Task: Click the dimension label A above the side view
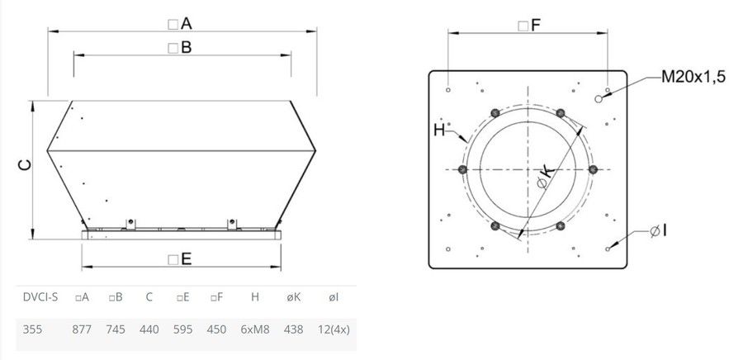(180, 24)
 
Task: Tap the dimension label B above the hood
(180, 47)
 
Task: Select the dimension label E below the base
(180, 258)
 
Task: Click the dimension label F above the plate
(529, 26)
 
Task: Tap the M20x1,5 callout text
(693, 78)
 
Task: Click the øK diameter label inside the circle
(545, 178)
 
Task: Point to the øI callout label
(658, 231)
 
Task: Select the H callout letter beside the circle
(440, 130)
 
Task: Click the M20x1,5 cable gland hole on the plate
(599, 98)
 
